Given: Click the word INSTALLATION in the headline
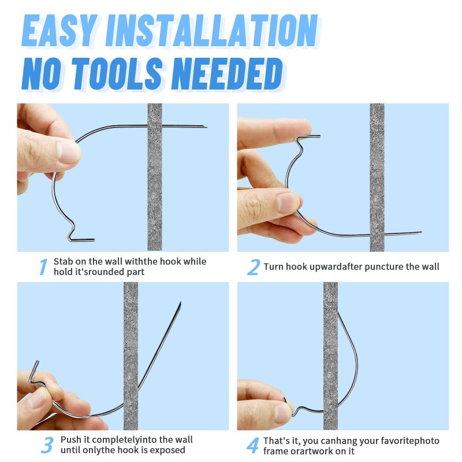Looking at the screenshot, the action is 212,31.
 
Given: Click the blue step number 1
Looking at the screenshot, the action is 43,267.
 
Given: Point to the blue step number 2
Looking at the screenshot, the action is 254,267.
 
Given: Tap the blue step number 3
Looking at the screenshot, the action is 47,445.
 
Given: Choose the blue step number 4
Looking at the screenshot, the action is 253,445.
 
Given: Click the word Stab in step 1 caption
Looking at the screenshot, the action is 63,262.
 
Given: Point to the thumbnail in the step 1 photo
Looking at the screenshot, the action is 69,152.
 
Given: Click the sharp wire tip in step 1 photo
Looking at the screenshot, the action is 207,127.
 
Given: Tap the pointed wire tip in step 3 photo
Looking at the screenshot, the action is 180,303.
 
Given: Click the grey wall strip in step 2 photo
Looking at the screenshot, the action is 377,177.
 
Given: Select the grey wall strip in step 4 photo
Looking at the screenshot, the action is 330,356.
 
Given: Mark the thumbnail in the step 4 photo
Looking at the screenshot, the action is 283,413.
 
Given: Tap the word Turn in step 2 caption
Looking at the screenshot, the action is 273,267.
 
